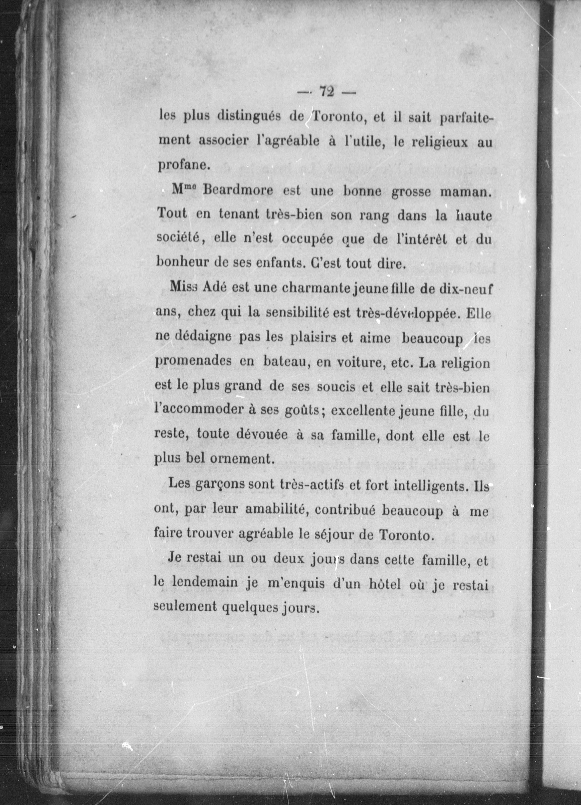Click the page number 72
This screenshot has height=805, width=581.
click(x=327, y=92)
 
